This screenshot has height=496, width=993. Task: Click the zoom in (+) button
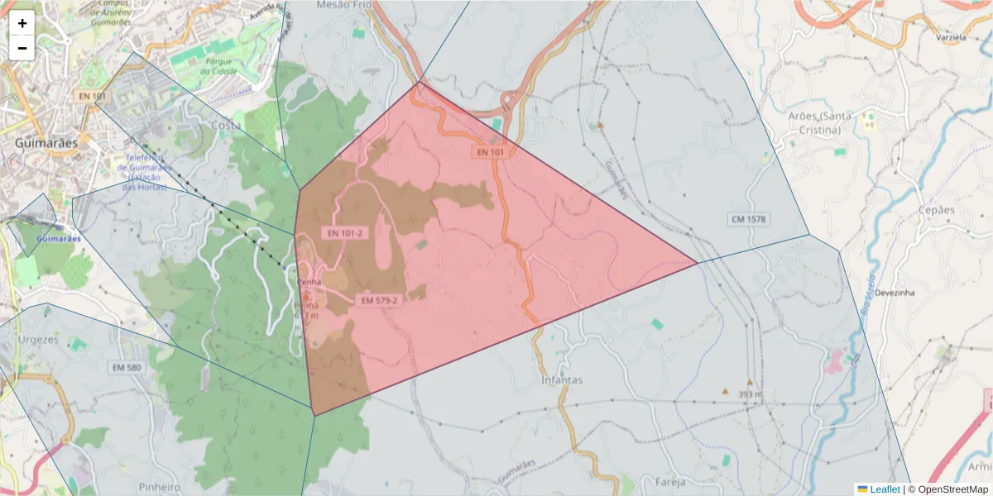pyautogui.click(x=22, y=22)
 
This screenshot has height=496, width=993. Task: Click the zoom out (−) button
pyautogui.click(x=22, y=48)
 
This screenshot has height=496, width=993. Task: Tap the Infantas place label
pyautogui.click(x=562, y=380)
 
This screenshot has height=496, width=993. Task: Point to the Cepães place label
pyautogui.click(x=936, y=210)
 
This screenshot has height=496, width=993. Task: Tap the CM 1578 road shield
pyautogui.click(x=748, y=219)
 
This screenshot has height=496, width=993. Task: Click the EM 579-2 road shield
pyautogui.click(x=379, y=300)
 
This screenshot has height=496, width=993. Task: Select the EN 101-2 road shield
pyautogui.click(x=344, y=233)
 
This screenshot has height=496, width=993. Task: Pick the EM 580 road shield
pyautogui.click(x=128, y=366)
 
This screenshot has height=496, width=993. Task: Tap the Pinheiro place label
pyautogui.click(x=160, y=487)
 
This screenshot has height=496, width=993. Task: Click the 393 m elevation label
pyautogui.click(x=749, y=394)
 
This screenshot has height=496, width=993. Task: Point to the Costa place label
pyautogui.click(x=226, y=126)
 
